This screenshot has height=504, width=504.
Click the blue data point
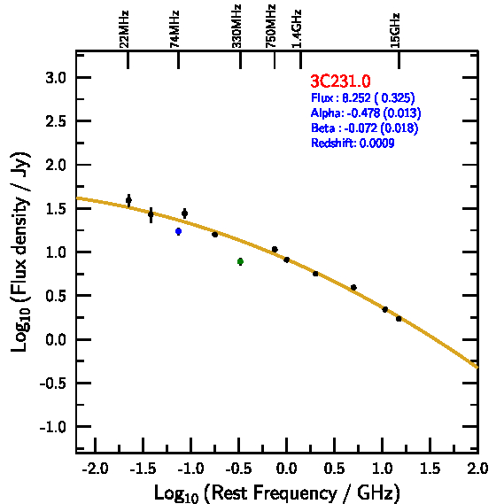178,231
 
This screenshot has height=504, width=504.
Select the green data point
240,261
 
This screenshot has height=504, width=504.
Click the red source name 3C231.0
340,81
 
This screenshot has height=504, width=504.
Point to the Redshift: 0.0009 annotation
353,143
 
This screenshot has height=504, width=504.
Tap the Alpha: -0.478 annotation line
366,112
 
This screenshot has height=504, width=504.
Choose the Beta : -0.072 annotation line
365,128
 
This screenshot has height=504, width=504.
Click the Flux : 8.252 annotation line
363,97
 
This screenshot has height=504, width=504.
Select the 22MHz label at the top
124,29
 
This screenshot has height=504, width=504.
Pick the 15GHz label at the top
395,31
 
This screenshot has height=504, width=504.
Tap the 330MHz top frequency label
236,27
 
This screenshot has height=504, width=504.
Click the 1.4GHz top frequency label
297,29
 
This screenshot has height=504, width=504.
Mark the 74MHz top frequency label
174,29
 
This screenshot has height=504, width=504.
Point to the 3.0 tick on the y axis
56,78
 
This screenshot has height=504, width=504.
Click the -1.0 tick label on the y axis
53,427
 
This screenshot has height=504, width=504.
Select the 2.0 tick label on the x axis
477,469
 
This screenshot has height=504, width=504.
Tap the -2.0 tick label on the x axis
95,469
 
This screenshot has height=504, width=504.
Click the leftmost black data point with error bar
128,200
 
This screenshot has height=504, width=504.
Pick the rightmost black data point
399,319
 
